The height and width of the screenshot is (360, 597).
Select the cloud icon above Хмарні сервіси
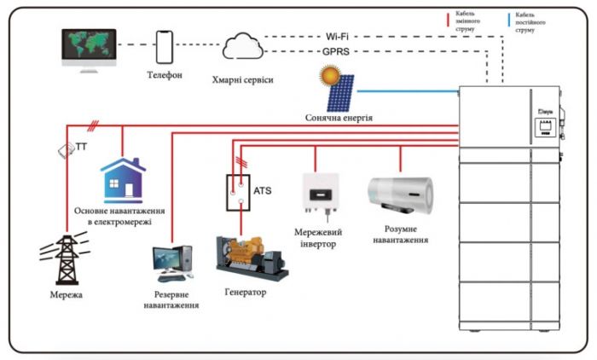[x=241, y=48]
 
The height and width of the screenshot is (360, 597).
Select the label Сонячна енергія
[x=339, y=118]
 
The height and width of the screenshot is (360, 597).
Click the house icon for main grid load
[x=121, y=178]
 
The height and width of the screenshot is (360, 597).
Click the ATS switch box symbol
[x=240, y=194]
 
